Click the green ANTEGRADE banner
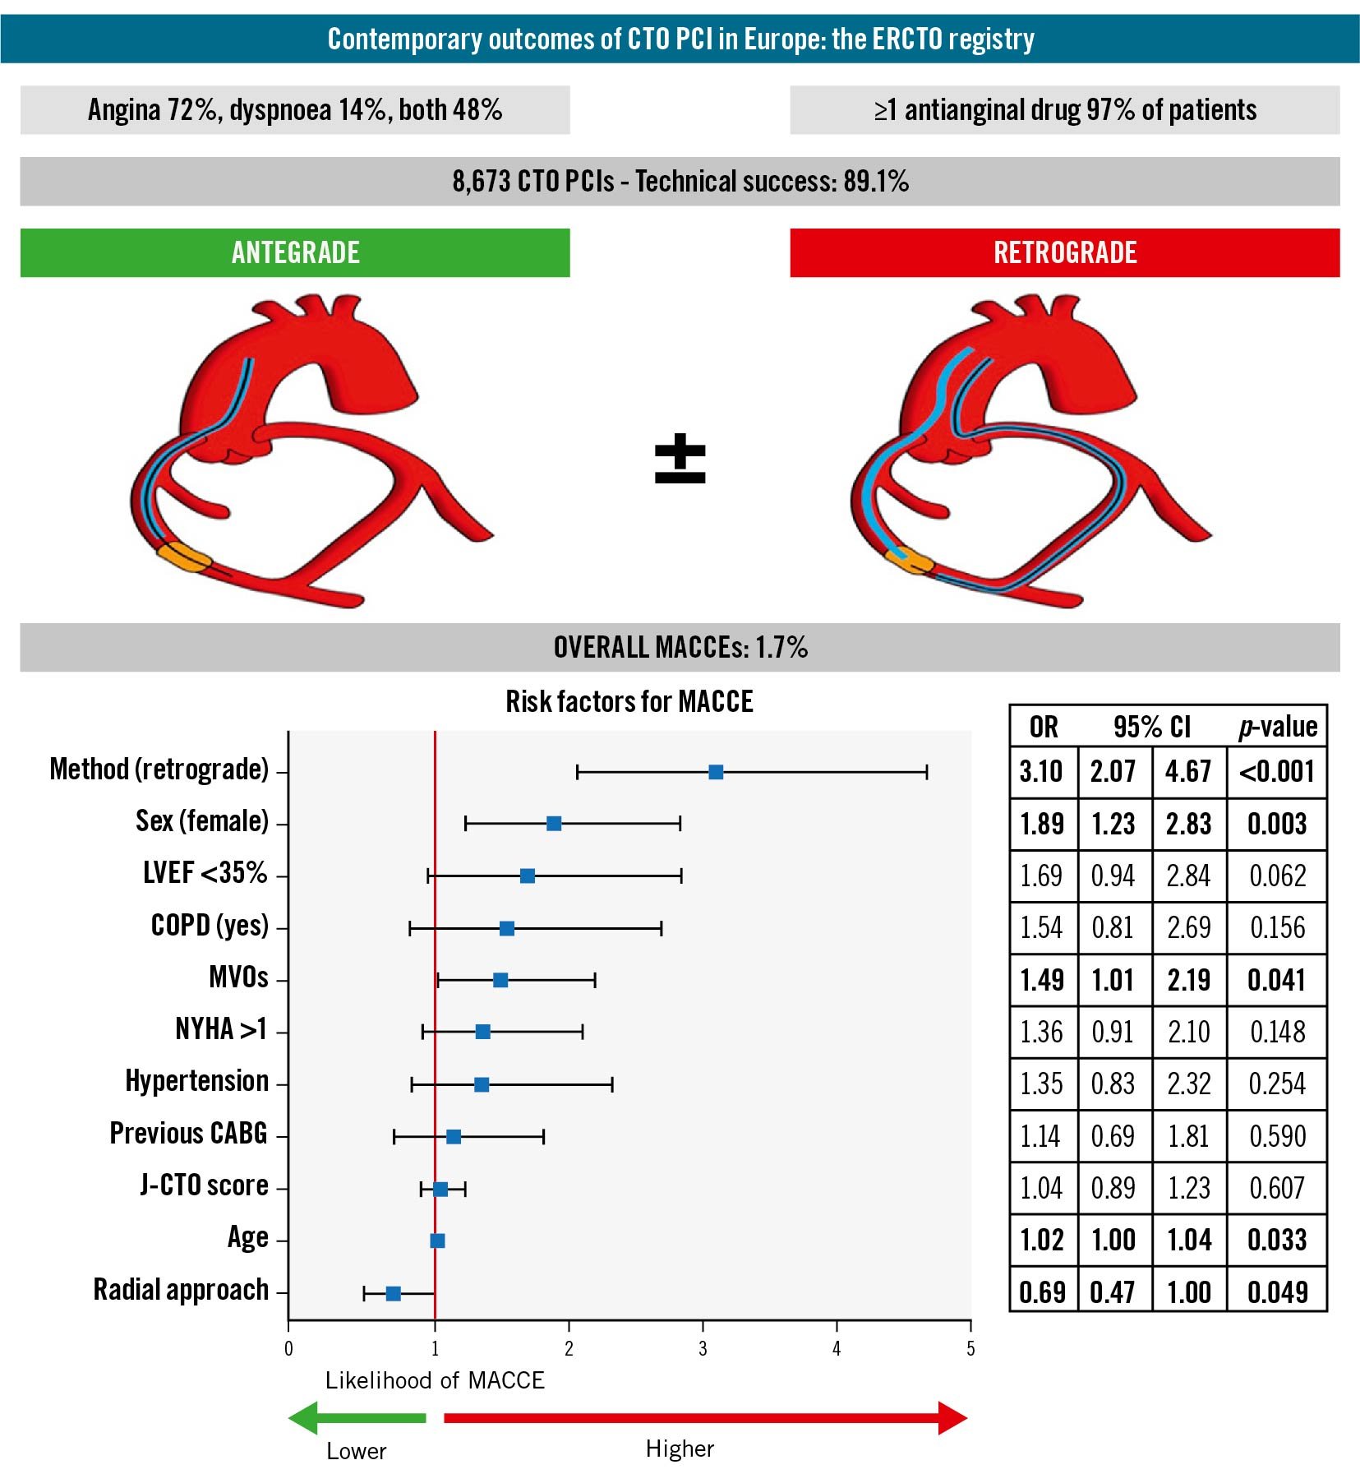click(x=294, y=252)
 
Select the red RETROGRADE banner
click(x=1064, y=252)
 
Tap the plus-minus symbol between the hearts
click(x=680, y=458)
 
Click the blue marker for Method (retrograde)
click(x=716, y=772)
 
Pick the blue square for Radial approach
click(x=393, y=1293)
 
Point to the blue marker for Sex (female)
click(x=554, y=824)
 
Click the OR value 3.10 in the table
click(x=1041, y=772)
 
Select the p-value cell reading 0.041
click(x=1276, y=980)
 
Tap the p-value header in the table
click(x=1277, y=727)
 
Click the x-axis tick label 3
click(x=703, y=1348)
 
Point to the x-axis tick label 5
click(x=970, y=1348)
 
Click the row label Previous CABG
click(x=188, y=1134)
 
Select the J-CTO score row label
click(x=204, y=1185)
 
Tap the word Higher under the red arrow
click(x=680, y=1449)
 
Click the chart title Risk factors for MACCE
click(x=629, y=701)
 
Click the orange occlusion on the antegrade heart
click(x=184, y=557)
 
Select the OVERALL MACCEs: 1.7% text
click(x=680, y=647)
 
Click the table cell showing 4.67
click(x=1188, y=772)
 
